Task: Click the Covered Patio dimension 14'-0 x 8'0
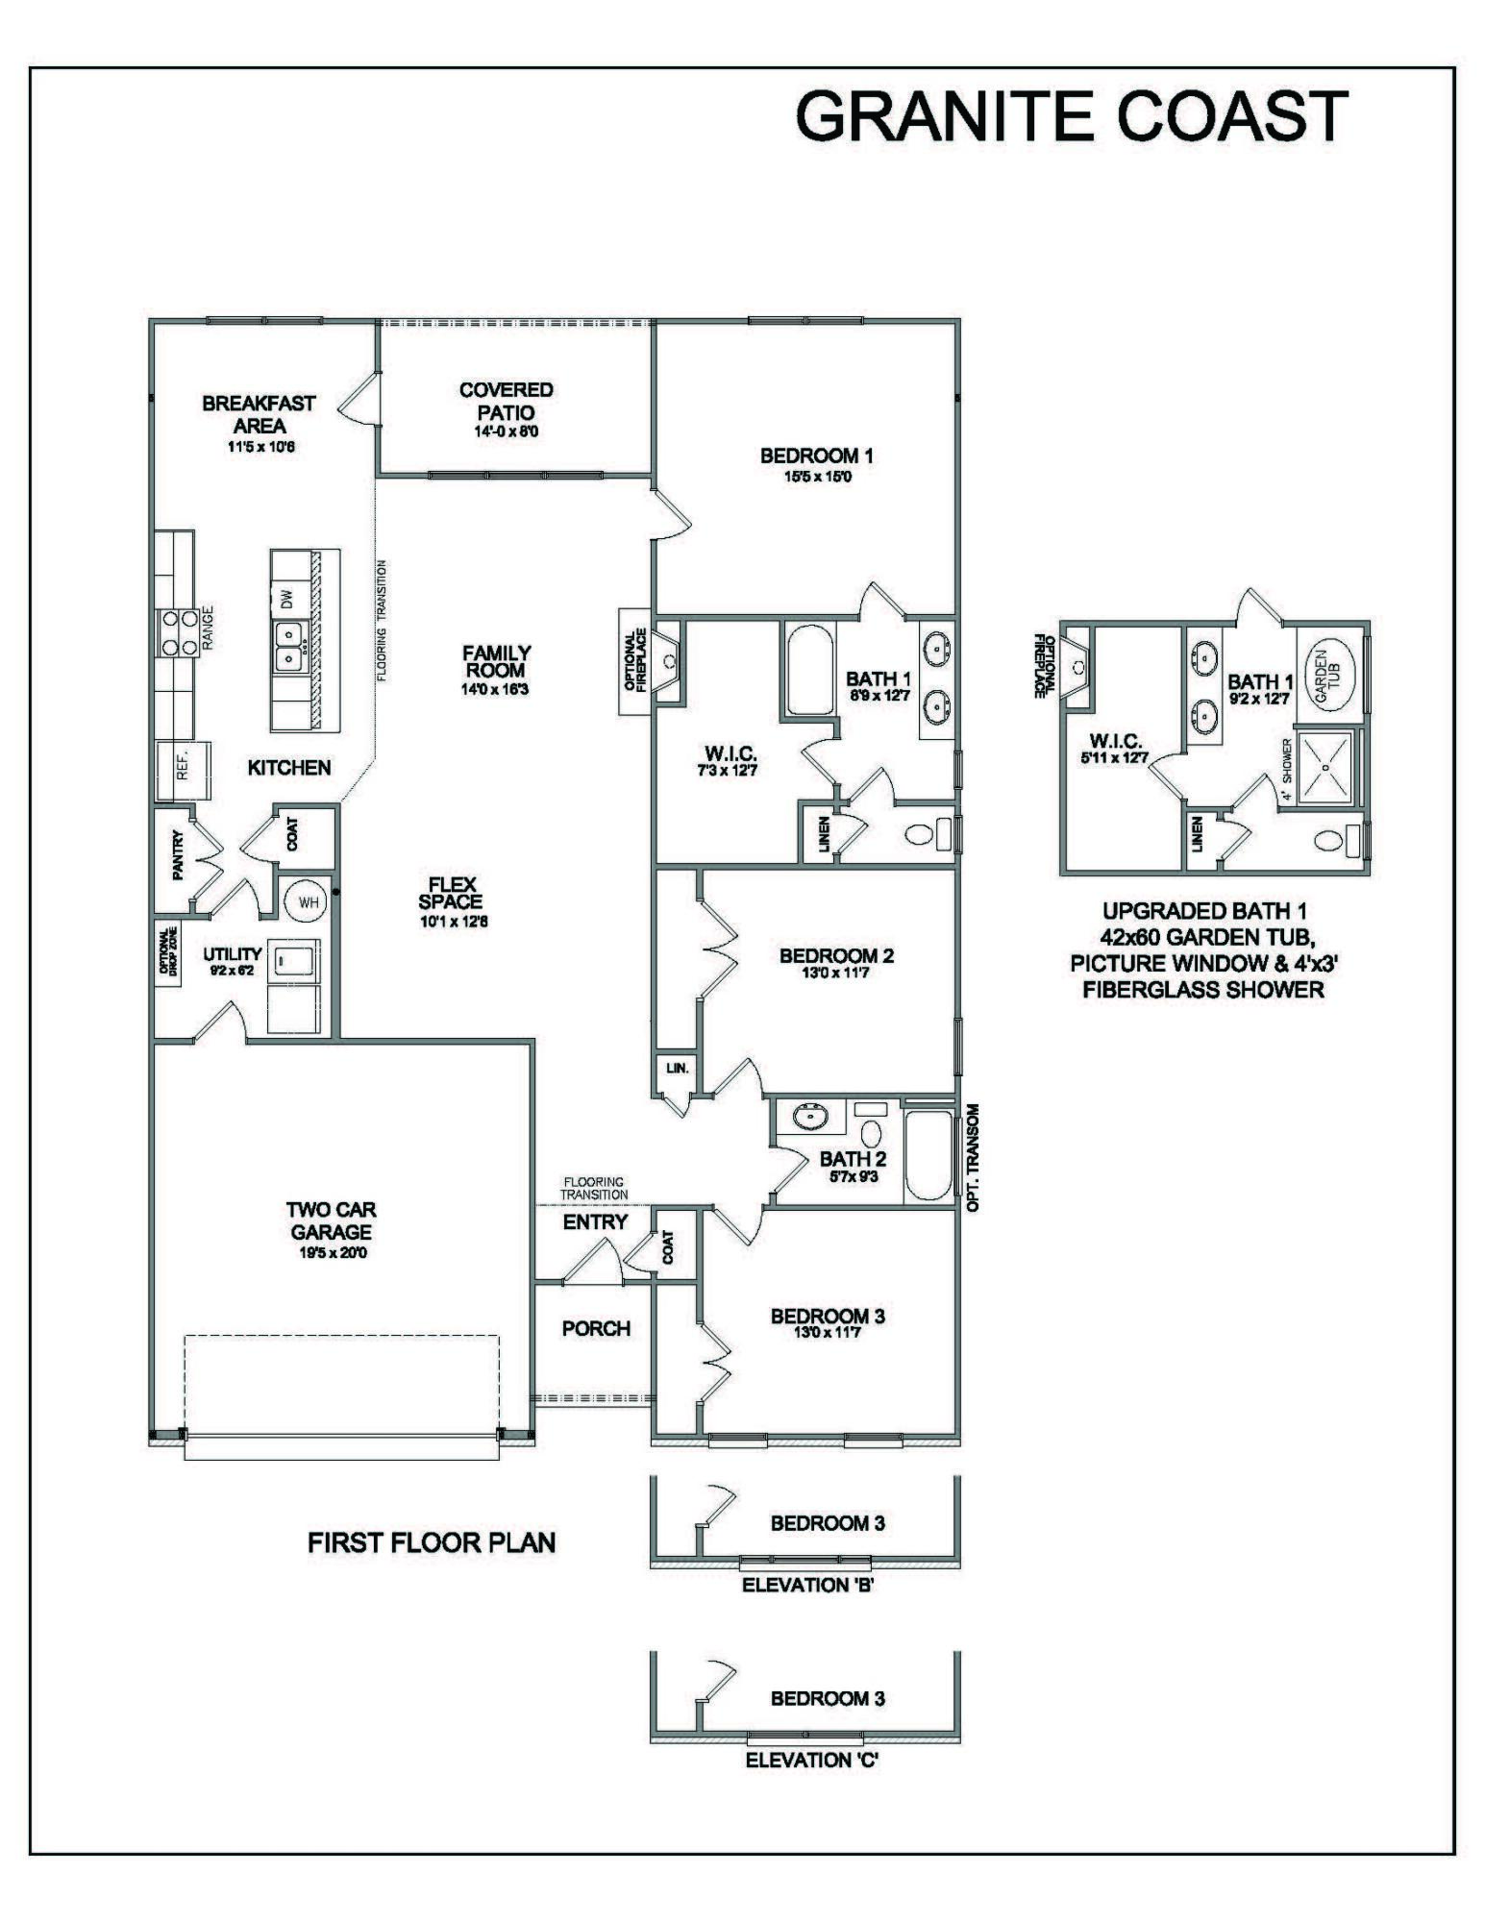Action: point(506,431)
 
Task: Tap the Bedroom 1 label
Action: point(816,456)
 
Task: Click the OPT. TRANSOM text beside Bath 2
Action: point(973,1157)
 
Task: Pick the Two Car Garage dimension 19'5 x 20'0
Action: point(331,1253)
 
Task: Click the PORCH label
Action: point(596,1329)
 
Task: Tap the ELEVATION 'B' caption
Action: point(807,1586)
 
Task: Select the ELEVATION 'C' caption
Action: point(812,1761)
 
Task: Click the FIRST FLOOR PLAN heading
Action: point(432,1542)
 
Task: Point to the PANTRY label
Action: point(177,856)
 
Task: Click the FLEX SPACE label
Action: point(450,893)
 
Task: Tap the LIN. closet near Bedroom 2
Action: point(678,1068)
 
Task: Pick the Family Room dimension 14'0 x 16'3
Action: point(495,689)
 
